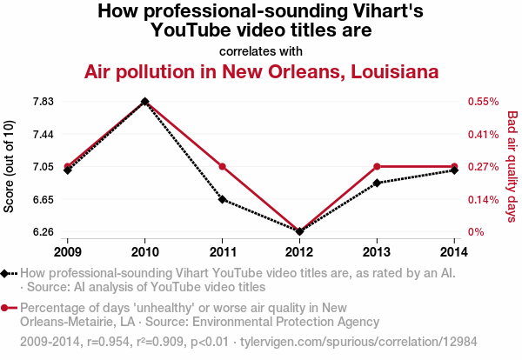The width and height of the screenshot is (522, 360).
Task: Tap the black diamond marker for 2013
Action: pyautogui.click(x=377, y=183)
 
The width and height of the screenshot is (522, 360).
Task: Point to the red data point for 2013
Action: pyautogui.click(x=377, y=166)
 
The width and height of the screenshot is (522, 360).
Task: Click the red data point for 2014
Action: pyautogui.click(x=454, y=166)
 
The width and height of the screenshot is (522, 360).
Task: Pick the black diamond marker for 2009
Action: pyautogui.click(x=67, y=170)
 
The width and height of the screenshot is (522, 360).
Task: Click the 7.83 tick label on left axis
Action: pyautogui.click(x=43, y=102)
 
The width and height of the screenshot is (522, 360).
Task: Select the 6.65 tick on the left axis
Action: pyautogui.click(x=43, y=199)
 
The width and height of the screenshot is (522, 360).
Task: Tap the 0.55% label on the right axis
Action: pyautogui.click(x=482, y=102)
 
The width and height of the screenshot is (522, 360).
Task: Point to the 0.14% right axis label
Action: pyautogui.click(x=482, y=199)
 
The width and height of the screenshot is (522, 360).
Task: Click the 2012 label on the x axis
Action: pyautogui.click(x=299, y=251)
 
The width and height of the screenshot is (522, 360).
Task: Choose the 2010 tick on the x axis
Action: pyautogui.click(x=144, y=251)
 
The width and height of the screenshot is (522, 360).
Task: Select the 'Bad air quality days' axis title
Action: pyautogui.click(x=512, y=167)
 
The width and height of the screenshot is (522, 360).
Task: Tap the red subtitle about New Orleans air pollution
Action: pyautogui.click(x=261, y=71)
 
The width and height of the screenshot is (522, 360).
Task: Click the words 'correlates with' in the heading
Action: pyautogui.click(x=261, y=50)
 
